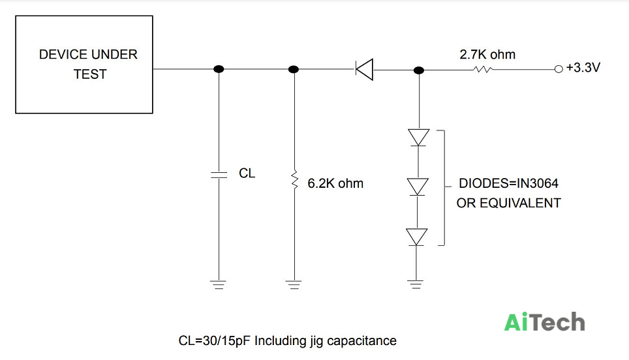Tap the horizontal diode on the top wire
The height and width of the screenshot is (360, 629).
pyautogui.click(x=364, y=69)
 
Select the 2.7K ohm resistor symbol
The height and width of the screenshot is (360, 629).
pyautogui.click(x=483, y=69)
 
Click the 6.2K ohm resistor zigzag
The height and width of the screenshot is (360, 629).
pyautogui.click(x=294, y=179)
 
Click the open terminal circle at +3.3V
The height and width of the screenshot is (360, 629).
pyautogui.click(x=559, y=69)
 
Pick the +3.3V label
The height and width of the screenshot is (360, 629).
pyautogui.click(x=583, y=68)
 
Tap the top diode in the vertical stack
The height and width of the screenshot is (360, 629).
pyautogui.click(x=418, y=137)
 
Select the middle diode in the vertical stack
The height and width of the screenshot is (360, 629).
pyautogui.click(x=418, y=187)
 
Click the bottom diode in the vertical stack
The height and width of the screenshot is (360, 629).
pyautogui.click(x=416, y=237)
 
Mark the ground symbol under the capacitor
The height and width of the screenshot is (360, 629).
pyautogui.click(x=218, y=284)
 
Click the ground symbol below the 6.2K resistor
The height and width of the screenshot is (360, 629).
pyautogui.click(x=294, y=284)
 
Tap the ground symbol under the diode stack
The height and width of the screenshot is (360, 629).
pyautogui.click(x=416, y=284)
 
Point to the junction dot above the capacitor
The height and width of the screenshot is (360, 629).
pyautogui.click(x=219, y=69)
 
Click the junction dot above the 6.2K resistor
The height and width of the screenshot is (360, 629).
pyautogui.click(x=294, y=69)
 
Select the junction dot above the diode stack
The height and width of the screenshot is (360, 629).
pyautogui.click(x=419, y=70)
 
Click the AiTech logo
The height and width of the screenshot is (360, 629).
pyautogui.click(x=544, y=322)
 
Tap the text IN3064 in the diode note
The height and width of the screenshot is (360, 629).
pyautogui.click(x=537, y=183)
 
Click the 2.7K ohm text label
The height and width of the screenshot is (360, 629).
pyautogui.click(x=487, y=55)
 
